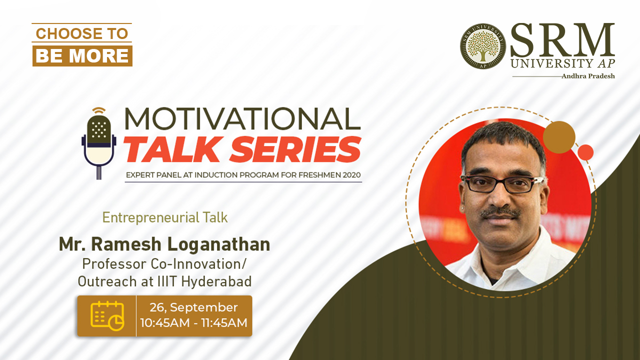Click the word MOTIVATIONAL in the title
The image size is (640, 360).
242,119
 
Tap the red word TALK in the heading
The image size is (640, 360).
173,149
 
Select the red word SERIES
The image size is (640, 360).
295,149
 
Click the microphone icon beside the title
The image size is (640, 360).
99,143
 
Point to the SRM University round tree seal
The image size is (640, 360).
483,45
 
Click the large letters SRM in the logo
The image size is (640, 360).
562,40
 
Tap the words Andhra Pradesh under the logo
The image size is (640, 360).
588,76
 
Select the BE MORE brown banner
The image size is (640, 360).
82,55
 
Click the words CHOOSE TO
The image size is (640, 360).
82,33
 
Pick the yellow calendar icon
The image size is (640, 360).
107,315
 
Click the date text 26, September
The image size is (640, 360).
193,307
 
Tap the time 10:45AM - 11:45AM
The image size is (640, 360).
193,323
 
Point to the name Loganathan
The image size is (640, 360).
218,245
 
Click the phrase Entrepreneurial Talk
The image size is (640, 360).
165,217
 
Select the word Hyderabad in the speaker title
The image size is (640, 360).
216,281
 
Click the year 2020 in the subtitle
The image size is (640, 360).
351,175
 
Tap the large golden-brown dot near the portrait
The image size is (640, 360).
559,137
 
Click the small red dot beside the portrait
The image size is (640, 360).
585,152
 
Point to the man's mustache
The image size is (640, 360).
500,213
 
